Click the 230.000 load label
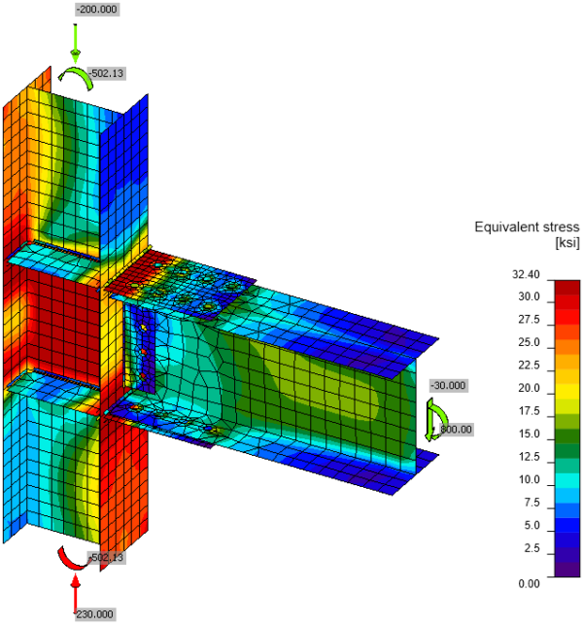point(94,614)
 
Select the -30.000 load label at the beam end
point(449,385)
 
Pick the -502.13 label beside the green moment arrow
point(108,73)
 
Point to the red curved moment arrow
point(71,559)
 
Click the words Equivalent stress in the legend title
point(526,227)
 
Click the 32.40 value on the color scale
point(526,275)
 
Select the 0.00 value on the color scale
point(528,583)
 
